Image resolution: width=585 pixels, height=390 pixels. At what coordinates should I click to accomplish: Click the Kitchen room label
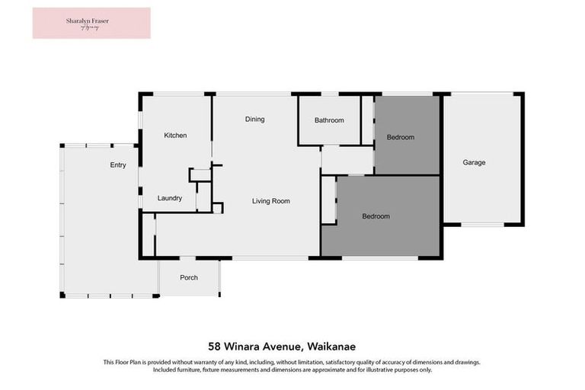pos(175,136)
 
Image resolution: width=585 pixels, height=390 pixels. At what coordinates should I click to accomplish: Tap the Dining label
pos(254,120)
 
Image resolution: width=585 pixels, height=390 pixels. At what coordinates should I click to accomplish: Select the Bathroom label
pos(329,120)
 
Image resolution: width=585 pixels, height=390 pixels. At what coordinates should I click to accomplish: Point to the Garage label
pos(474,162)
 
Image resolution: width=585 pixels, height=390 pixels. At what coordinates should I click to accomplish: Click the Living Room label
pos(271,201)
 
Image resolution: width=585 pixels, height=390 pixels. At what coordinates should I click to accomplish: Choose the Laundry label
pos(169,198)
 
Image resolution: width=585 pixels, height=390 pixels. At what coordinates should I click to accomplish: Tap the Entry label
pos(118,165)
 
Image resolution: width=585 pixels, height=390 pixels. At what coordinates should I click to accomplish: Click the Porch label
pos(188,277)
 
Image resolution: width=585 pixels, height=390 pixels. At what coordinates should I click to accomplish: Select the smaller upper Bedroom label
pos(400,137)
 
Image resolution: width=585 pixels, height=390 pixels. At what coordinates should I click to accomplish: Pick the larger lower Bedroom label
pos(376,216)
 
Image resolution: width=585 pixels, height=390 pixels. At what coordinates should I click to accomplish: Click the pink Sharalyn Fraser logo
pos(91,23)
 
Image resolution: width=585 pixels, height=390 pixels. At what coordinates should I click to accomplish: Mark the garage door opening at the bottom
pos(483,225)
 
